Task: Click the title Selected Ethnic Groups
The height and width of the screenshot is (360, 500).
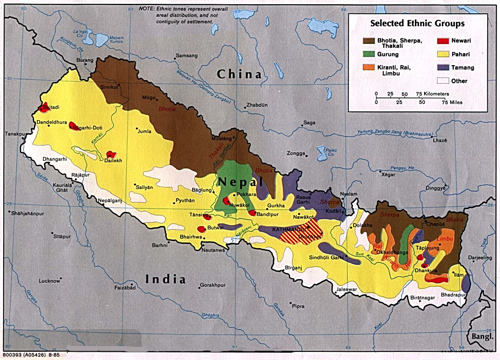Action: (x=417, y=24)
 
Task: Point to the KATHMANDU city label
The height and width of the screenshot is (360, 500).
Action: (x=286, y=229)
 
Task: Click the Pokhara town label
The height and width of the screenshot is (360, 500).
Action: (x=247, y=195)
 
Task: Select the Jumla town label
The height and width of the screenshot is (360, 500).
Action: (x=144, y=131)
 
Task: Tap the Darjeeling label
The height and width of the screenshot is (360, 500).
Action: (x=480, y=258)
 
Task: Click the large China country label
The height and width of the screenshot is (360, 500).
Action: (x=239, y=74)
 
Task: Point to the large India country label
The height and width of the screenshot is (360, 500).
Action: (x=165, y=279)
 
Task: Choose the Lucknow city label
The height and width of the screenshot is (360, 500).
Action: (x=49, y=281)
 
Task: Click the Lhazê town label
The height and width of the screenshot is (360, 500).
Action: (x=440, y=141)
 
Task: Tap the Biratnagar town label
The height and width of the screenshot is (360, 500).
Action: (x=423, y=298)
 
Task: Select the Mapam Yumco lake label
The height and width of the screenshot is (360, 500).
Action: (x=117, y=40)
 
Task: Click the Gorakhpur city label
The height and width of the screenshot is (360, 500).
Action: (x=212, y=285)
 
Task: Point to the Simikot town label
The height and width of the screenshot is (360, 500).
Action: (x=109, y=87)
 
